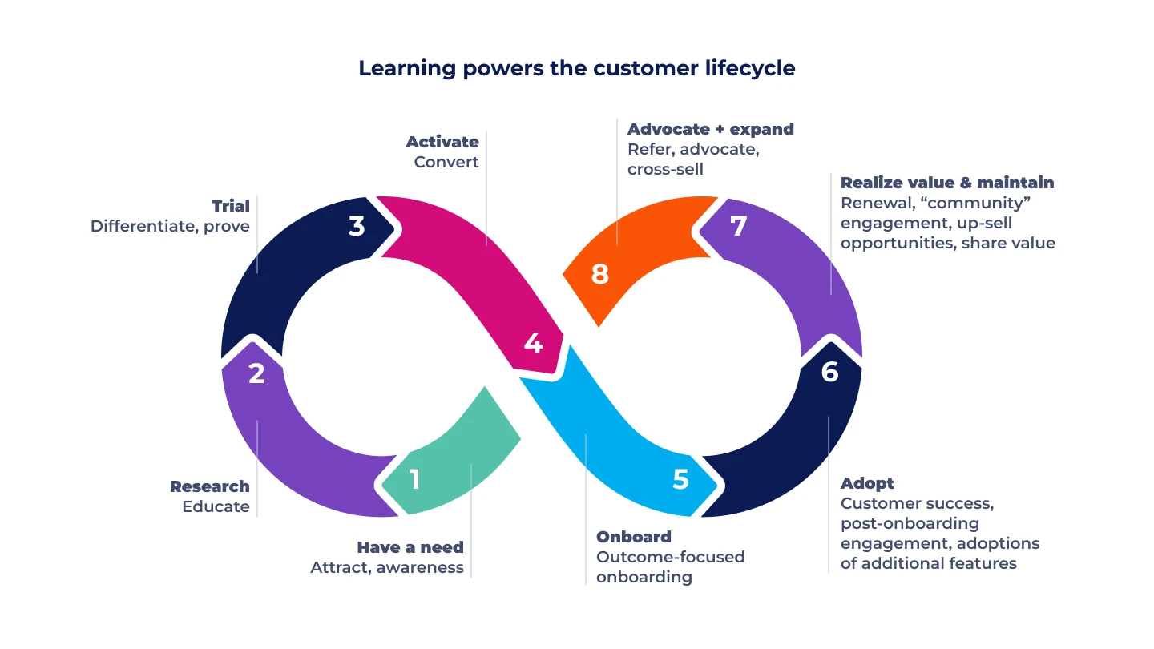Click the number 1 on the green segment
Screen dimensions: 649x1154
click(x=414, y=479)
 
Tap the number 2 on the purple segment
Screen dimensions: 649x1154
click(x=256, y=373)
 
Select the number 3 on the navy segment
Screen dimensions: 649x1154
click(x=357, y=226)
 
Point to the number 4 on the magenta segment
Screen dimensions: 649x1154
click(x=533, y=343)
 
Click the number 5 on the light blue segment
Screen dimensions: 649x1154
click(x=680, y=479)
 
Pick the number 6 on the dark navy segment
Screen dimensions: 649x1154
click(x=830, y=372)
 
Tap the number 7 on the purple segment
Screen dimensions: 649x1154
click(x=738, y=226)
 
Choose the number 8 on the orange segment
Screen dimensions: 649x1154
click(x=599, y=275)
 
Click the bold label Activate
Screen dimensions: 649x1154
click(x=442, y=142)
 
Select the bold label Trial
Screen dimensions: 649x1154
click(x=230, y=206)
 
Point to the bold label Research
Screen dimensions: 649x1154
click(x=209, y=486)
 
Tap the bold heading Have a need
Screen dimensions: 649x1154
click(x=410, y=547)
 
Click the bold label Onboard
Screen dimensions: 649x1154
click(x=634, y=537)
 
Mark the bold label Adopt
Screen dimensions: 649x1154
click(x=867, y=483)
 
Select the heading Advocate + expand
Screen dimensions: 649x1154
click(x=711, y=129)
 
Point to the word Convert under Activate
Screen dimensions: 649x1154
click(x=446, y=162)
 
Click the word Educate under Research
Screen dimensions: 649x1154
click(x=216, y=506)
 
